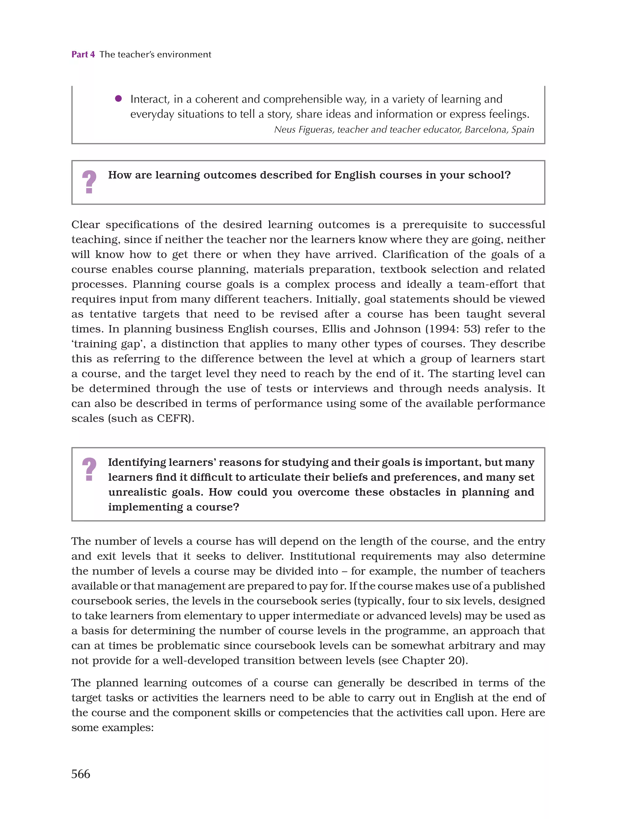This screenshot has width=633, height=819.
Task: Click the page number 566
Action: click(x=81, y=773)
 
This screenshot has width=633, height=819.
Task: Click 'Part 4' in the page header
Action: click(x=83, y=54)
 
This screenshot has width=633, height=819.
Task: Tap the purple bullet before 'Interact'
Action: click(x=118, y=99)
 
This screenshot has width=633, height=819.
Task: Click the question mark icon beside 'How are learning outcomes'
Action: click(x=89, y=182)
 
